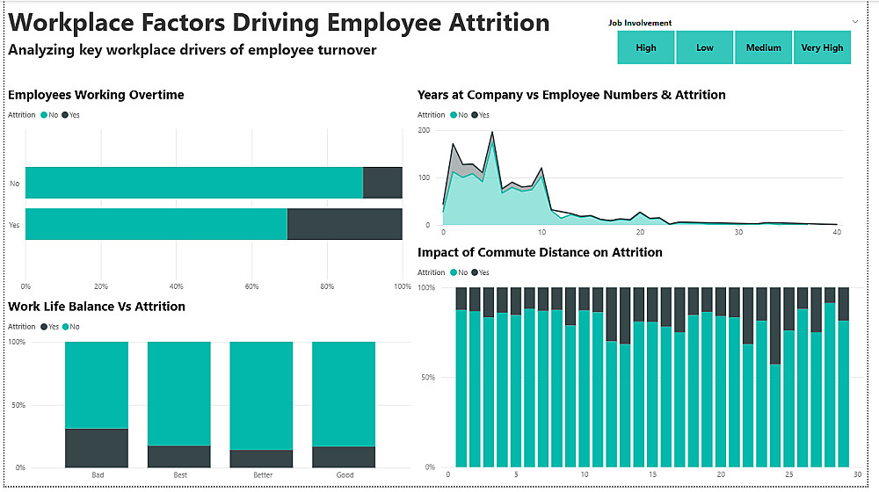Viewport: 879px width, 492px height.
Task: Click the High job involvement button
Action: click(646, 47)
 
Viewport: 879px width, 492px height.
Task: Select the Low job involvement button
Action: click(705, 47)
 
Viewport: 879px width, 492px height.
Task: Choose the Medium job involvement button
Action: click(764, 47)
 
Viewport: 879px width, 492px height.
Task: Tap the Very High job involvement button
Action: click(823, 47)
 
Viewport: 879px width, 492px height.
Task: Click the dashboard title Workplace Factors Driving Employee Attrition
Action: click(279, 22)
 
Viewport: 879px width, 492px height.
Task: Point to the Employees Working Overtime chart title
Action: click(96, 95)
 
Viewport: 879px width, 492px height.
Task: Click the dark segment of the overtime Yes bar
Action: click(345, 225)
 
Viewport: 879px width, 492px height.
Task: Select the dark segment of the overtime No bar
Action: click(382, 183)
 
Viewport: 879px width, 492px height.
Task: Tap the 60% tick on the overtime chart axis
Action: click(252, 286)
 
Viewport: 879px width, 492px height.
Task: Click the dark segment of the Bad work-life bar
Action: click(97, 448)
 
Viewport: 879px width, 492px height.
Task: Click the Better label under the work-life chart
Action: click(262, 475)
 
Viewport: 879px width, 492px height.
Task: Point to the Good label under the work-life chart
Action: click(345, 475)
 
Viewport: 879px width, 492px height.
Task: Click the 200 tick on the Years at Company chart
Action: click(424, 130)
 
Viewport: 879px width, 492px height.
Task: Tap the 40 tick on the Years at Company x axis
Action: click(838, 233)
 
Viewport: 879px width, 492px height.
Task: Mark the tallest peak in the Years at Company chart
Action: click(491, 133)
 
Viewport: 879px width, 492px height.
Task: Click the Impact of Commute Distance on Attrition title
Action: click(540, 252)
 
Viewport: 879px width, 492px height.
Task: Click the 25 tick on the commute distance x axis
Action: click(789, 475)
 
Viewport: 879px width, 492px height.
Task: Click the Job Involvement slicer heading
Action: click(640, 23)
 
